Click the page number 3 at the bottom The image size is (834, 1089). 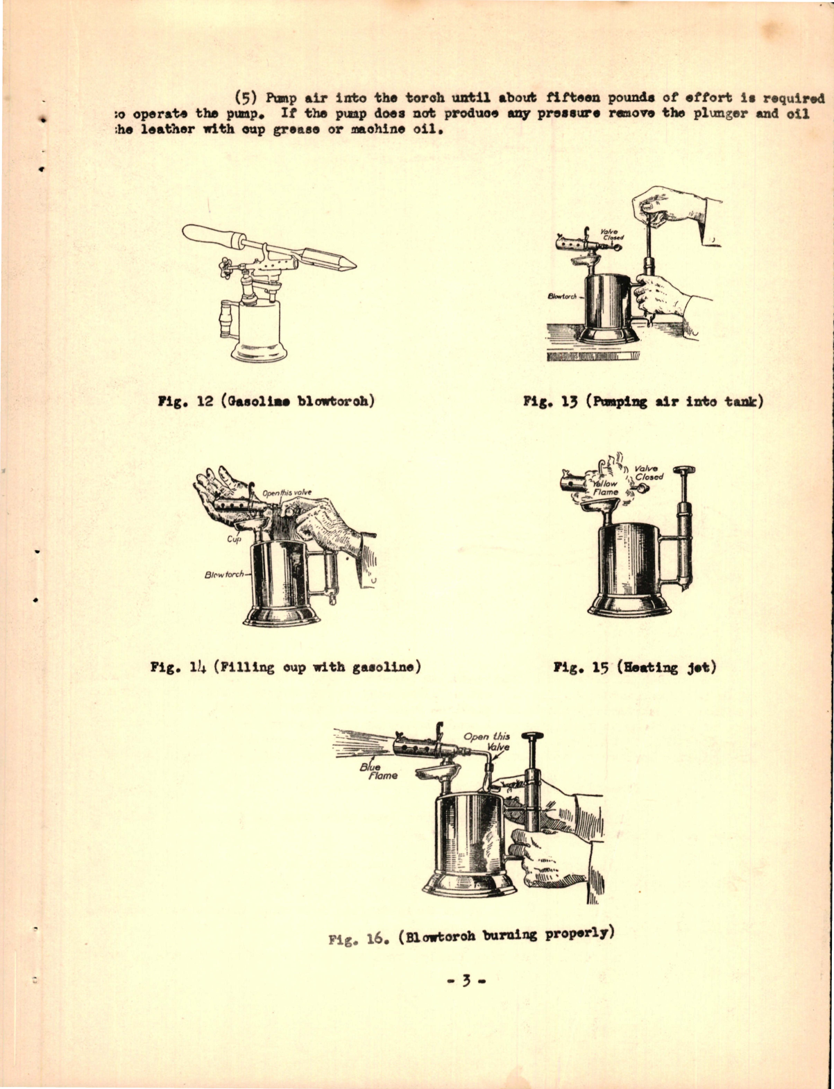[467, 981]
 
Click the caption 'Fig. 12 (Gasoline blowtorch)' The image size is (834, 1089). [266, 401]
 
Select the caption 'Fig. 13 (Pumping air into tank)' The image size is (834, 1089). [643, 401]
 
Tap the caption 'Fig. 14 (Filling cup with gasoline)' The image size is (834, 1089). [286, 667]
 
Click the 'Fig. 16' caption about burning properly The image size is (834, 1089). [472, 936]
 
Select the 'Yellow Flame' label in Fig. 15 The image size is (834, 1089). [604, 487]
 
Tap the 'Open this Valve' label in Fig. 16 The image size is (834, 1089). [488, 741]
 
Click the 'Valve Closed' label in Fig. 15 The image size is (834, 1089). [649, 473]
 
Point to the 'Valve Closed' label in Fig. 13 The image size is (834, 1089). [612, 235]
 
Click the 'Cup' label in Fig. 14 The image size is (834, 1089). [234, 539]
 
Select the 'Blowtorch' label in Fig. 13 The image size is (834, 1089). [561, 296]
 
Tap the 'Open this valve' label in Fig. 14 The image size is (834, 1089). [287, 492]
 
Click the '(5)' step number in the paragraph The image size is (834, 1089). [246, 98]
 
